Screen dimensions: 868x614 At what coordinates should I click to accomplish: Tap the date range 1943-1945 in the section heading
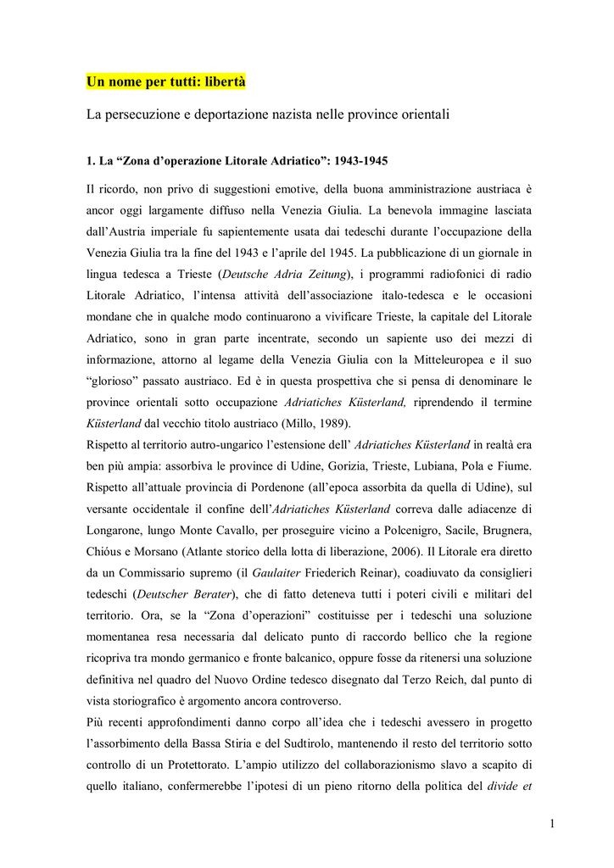point(349,160)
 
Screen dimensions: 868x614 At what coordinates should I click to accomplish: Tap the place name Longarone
point(119,531)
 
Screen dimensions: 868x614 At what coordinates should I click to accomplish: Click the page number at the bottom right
point(551,823)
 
